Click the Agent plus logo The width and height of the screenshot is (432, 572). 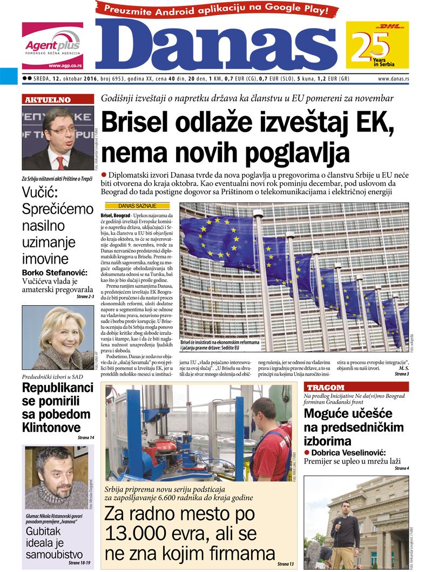[x=52, y=46]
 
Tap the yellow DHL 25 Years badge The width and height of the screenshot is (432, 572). [x=377, y=45]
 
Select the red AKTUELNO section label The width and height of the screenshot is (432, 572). [x=47, y=99]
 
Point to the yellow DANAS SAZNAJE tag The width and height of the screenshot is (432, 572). [x=137, y=206]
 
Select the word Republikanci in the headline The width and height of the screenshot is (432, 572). [x=57, y=388]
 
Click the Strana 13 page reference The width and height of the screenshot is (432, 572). [x=285, y=563]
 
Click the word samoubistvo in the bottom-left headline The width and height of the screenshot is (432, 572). [x=53, y=554]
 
